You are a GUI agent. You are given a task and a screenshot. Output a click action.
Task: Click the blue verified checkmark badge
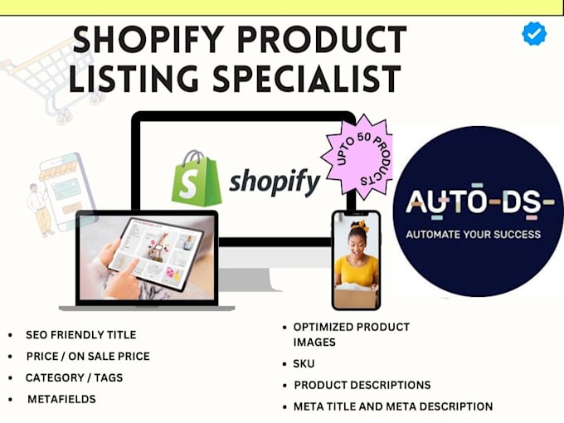534,33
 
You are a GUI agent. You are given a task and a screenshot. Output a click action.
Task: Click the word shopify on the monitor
275,182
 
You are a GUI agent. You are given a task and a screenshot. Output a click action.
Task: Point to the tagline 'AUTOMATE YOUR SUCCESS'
474,235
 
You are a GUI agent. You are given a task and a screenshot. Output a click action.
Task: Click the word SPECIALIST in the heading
307,79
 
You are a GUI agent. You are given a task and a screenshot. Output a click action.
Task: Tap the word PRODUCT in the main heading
322,40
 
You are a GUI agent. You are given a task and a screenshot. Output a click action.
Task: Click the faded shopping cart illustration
51,81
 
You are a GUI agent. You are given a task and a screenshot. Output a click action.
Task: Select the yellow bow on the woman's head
358,225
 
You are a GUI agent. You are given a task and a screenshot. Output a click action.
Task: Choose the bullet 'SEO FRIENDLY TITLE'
81,335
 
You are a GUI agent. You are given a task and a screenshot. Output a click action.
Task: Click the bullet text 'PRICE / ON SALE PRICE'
88,356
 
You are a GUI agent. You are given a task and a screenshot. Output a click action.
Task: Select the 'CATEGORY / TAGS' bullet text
74,377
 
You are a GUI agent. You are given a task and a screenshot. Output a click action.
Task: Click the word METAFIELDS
61,399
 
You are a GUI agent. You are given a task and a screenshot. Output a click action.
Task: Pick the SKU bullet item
304,363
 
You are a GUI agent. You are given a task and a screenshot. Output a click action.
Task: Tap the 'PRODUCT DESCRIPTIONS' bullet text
362,385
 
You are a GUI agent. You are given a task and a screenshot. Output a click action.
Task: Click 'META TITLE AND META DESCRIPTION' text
393,406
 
